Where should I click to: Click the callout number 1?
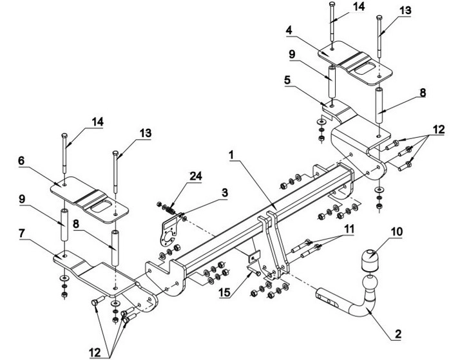(231, 155)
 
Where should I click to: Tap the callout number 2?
(398, 334)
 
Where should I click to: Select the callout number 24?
(196, 176)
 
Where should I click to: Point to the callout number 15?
(224, 292)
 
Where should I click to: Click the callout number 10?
(397, 232)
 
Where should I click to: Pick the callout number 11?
(349, 229)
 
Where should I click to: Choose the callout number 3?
(224, 193)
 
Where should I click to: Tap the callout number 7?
(22, 234)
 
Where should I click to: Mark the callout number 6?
(21, 161)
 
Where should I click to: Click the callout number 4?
(289, 30)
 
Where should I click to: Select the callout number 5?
(287, 81)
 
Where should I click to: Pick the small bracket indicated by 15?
(253, 261)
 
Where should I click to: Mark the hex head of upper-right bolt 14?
(332, 4)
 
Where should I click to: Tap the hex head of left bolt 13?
(115, 153)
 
